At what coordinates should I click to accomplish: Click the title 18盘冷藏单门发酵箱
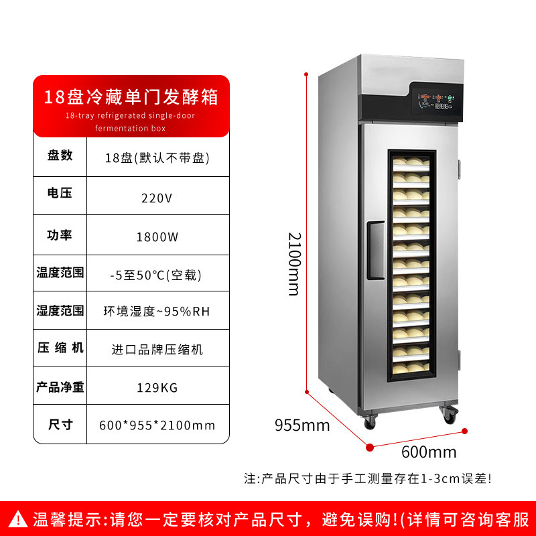coord(131,96)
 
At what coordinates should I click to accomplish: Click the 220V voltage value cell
coord(157,198)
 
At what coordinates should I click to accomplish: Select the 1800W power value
coord(157,237)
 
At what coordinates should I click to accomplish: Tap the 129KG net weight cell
coord(157,387)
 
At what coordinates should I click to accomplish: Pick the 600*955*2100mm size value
coord(157,425)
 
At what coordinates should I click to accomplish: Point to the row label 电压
coord(60,194)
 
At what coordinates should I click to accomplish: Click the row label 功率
coord(60,235)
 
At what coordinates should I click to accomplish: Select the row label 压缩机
coord(60,348)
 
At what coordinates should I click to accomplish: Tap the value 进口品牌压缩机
coord(157,349)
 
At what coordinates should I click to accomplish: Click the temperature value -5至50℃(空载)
coord(157,274)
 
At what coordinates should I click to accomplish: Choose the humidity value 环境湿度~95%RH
coord(157,311)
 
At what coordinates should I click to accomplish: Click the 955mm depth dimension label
coord(302,425)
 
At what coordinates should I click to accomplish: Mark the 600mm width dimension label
coord(429,452)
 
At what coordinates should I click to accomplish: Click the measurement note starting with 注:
coord(367,479)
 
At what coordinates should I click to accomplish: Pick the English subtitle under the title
coord(131,121)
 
